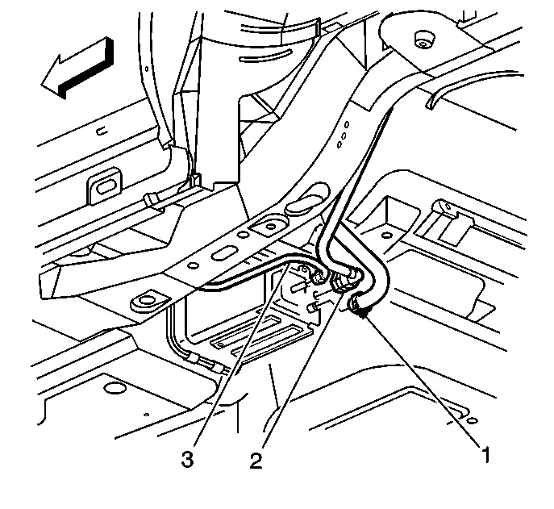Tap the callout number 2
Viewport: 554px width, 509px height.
256,461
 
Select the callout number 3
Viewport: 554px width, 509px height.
187,461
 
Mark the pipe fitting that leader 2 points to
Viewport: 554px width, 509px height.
342,281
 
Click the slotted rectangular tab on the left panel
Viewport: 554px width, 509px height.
105,187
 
